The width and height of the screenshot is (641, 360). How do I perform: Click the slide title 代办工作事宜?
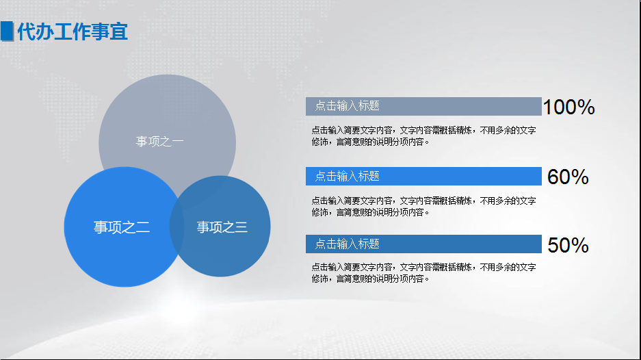click(x=73, y=31)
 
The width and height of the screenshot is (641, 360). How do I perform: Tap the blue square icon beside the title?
click(x=8, y=31)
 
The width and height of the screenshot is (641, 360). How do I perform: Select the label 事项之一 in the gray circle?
click(x=159, y=142)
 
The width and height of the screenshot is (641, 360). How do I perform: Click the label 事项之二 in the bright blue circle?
click(x=121, y=227)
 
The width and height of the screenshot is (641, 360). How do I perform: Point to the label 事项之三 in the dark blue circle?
click(x=222, y=227)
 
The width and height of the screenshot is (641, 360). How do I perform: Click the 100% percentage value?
click(x=568, y=107)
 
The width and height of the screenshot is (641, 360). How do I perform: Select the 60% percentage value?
click(x=568, y=177)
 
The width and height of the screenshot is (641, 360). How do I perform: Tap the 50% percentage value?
click(x=568, y=245)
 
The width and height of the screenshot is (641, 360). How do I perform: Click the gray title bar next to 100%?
click(x=465, y=106)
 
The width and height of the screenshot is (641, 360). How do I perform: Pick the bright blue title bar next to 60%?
click(x=465, y=176)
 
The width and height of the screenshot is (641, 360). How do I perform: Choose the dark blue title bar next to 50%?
click(x=465, y=244)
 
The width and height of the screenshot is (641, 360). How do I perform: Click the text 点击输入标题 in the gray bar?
click(x=347, y=106)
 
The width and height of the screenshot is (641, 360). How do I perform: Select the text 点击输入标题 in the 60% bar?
click(x=347, y=176)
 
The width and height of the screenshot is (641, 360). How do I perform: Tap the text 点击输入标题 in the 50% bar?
click(x=347, y=244)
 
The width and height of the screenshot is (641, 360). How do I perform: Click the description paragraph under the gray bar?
click(x=423, y=136)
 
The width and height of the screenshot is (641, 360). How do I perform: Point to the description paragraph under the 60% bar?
click(x=423, y=206)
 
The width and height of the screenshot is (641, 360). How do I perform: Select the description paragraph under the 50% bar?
click(x=423, y=273)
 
